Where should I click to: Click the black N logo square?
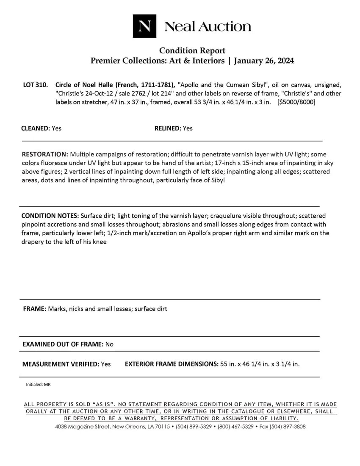(144, 26)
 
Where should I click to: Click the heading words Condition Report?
(192, 51)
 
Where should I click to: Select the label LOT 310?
(35, 85)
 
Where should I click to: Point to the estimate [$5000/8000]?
(296, 102)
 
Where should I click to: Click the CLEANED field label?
(36, 128)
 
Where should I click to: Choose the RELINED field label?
(168, 128)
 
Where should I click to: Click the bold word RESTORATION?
(45, 154)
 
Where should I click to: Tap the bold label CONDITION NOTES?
(50, 216)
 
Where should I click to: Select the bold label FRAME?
(34, 309)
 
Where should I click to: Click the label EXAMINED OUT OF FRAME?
(63, 344)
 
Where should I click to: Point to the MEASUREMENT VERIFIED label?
(61, 364)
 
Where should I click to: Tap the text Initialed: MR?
(38, 385)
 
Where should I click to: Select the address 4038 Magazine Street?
(82, 427)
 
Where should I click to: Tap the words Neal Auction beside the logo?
(208, 27)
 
